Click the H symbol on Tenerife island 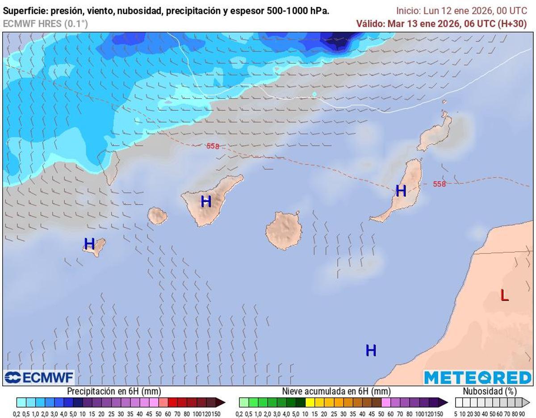point(206,201)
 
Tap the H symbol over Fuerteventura point(401,191)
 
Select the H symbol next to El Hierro point(89,244)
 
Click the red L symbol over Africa point(504,295)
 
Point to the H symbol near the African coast point(371,351)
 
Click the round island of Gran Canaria point(283,231)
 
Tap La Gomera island point(157,216)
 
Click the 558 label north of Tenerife point(213,146)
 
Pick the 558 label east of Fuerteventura point(439,184)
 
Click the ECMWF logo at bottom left point(39,378)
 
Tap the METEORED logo point(477,378)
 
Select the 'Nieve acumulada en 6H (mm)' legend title point(336,391)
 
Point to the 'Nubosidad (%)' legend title point(490,391)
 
